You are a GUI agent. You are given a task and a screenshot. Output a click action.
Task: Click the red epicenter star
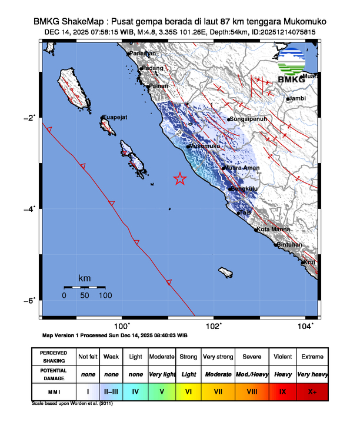(180, 179)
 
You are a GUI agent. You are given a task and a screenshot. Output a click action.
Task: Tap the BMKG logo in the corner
(292, 66)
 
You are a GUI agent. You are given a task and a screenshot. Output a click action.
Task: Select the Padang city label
(152, 68)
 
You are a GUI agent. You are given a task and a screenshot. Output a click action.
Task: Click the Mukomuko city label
(205, 146)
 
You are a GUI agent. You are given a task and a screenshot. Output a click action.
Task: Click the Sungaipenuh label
(249, 119)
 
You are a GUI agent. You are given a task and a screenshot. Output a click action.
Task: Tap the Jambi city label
(299, 98)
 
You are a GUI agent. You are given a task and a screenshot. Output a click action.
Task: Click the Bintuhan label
(290, 244)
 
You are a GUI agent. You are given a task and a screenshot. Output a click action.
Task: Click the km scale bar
(85, 287)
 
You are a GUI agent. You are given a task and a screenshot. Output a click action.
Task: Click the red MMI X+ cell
(312, 391)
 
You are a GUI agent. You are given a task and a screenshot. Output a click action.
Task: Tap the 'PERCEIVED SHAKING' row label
(54, 357)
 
